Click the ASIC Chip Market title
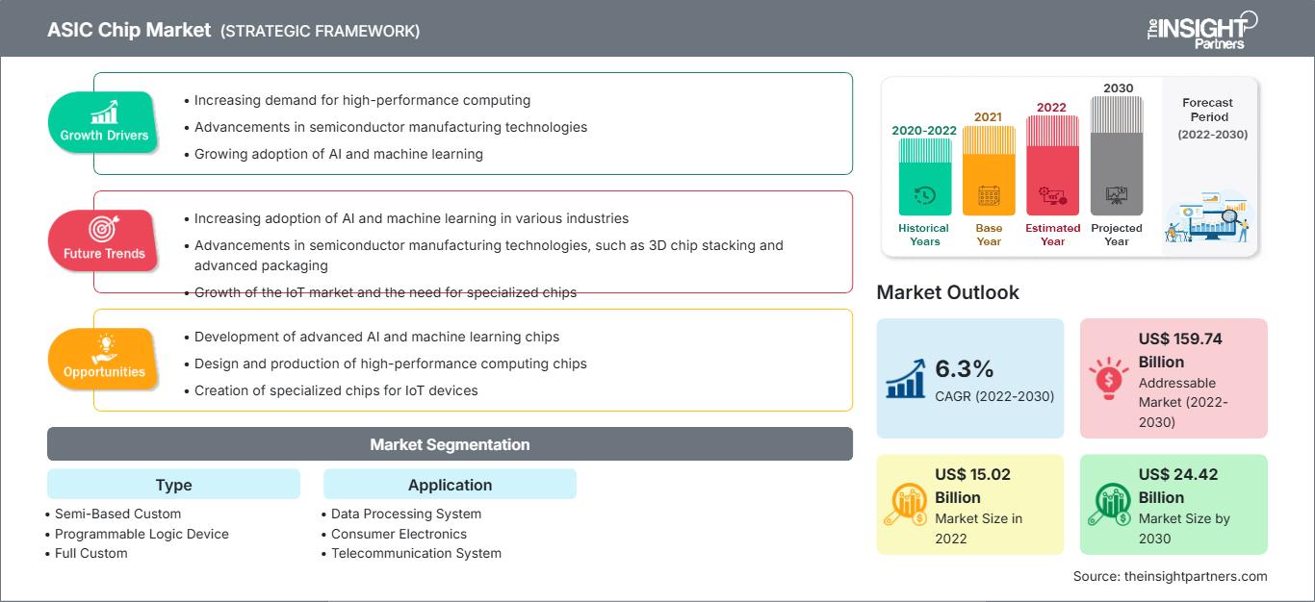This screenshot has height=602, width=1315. point(129,30)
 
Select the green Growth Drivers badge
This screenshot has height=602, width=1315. point(104,122)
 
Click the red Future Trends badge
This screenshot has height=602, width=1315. point(104,239)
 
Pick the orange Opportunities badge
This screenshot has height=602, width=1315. point(104,359)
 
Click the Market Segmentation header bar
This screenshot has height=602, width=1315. point(450,444)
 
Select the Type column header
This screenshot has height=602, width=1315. point(173,485)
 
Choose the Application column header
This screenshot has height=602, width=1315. point(450,485)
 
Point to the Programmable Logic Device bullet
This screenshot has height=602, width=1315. point(142,534)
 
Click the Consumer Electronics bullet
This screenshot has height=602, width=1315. point(399,534)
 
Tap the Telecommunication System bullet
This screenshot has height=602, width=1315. point(416,553)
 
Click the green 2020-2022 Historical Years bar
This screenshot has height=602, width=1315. point(924,177)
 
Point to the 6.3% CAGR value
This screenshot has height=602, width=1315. point(965,369)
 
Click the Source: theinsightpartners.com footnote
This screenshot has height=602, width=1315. point(1170,576)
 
